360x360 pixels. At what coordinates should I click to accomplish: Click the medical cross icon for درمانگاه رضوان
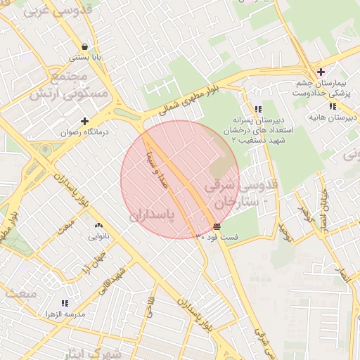coord(85,121)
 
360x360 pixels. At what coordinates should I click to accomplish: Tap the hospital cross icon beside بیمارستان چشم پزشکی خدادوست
coord(321,72)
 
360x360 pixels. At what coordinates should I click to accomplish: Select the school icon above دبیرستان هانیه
coord(333,106)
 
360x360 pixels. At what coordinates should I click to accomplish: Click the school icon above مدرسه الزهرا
coord(65,303)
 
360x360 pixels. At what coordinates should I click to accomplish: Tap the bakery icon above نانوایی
coord(98,226)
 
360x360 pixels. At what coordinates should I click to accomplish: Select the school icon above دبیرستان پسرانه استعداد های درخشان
coord(259,109)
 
